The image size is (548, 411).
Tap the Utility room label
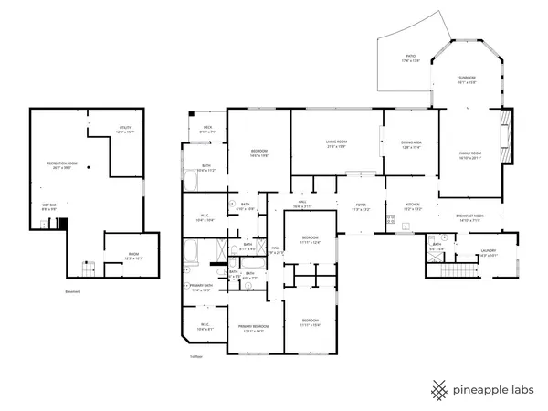126,129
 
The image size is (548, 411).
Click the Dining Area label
410,143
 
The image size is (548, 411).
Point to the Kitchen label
412,206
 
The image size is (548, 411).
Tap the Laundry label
489,252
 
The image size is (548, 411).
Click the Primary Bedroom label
253,328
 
